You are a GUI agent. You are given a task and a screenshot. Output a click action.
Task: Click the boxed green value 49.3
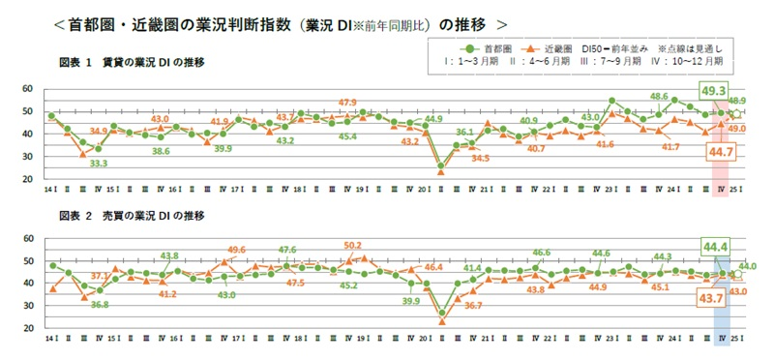[713, 90]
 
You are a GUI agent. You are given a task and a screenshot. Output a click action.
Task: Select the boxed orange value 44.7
[719, 153]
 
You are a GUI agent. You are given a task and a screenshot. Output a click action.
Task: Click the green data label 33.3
[98, 164]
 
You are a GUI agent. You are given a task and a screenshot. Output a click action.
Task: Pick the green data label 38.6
[161, 151]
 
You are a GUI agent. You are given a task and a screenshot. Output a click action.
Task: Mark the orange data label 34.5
[480, 157]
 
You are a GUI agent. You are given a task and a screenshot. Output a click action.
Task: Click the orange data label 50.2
[353, 245]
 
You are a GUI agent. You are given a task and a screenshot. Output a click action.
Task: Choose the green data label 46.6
[542, 252]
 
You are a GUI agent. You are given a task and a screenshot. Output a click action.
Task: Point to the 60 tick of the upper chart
[27, 89]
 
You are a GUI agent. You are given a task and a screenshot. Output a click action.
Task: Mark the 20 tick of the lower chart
[27, 329]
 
